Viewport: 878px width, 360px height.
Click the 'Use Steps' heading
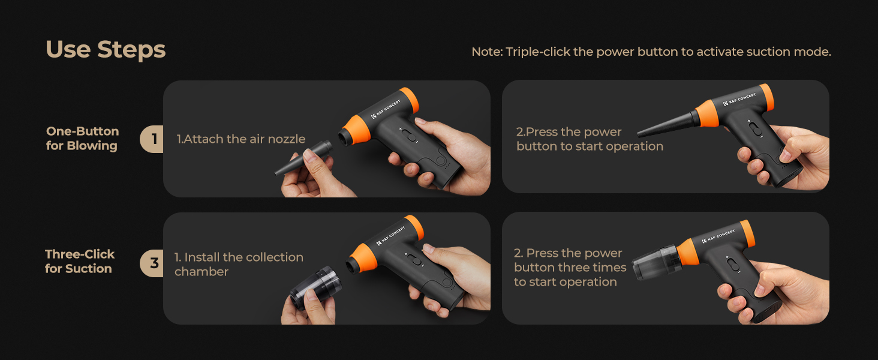click(106, 50)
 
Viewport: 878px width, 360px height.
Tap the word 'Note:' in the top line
click(487, 52)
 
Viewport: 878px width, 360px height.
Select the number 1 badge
click(152, 139)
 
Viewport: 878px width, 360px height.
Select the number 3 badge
click(152, 263)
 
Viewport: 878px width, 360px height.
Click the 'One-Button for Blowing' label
click(82, 139)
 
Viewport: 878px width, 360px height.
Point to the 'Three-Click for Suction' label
click(80, 261)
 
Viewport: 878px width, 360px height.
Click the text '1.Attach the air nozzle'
click(240, 139)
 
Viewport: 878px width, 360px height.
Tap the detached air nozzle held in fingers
click(303, 158)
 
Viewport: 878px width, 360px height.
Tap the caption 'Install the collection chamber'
click(239, 265)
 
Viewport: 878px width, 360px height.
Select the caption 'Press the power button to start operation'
click(590, 139)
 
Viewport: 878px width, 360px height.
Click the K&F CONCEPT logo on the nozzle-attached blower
click(739, 100)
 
